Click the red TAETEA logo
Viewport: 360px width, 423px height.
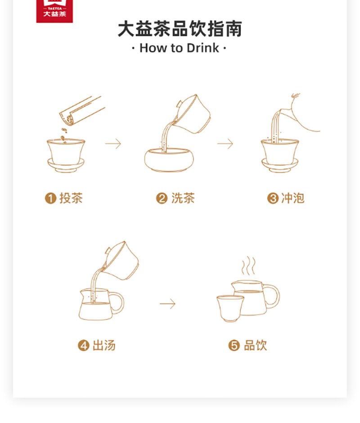tap(54, 11)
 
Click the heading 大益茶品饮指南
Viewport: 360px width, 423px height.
tap(180, 29)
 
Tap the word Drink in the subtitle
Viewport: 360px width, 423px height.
tap(202, 48)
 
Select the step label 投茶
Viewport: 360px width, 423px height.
tap(71, 198)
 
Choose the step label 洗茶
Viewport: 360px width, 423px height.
tap(183, 198)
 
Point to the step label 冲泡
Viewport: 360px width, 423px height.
tap(293, 198)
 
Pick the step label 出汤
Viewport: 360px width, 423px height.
tap(104, 345)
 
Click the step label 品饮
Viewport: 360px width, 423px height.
tap(255, 345)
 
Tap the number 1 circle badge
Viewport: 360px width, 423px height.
tap(50, 198)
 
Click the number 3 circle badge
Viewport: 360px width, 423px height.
tap(273, 198)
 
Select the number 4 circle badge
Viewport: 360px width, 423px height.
tap(83, 346)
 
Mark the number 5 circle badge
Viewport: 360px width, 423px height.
tap(234, 346)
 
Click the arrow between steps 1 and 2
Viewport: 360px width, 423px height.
tap(113, 144)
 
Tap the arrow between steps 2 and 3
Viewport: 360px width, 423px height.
tap(225, 144)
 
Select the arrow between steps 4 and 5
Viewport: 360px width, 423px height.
tap(167, 304)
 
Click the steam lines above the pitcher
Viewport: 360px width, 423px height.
tap(248, 265)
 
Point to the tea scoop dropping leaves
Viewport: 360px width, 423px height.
tap(82, 111)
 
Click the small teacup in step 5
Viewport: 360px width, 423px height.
tap(230, 309)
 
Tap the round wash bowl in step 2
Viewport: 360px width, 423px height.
tap(169, 160)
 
